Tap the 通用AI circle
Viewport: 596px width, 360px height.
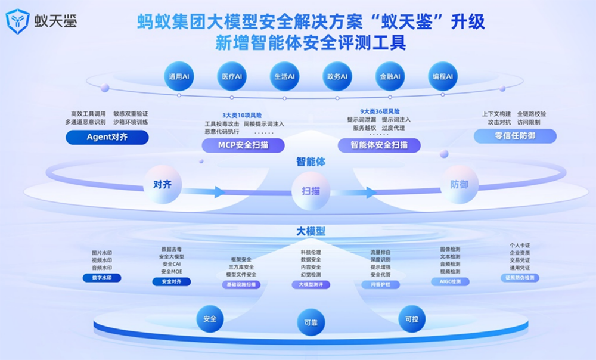(x=178, y=77)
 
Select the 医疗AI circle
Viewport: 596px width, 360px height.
(x=231, y=77)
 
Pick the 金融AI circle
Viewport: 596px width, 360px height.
(x=390, y=77)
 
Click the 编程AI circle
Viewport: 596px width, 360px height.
(x=442, y=77)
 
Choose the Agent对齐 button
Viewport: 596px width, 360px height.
(x=107, y=137)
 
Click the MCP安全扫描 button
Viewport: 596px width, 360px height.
(x=243, y=145)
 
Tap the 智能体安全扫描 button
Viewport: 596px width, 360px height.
(x=379, y=145)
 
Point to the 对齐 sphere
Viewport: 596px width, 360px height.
(x=162, y=185)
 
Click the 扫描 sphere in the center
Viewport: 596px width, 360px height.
(x=311, y=191)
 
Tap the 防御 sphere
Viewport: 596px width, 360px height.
(x=459, y=185)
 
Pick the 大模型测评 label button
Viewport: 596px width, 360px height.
(x=311, y=285)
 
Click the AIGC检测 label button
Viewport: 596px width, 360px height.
(x=450, y=281)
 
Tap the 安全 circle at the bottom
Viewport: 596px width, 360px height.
(x=210, y=319)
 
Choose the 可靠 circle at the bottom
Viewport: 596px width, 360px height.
(x=311, y=322)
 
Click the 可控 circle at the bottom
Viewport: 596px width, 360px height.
(x=412, y=319)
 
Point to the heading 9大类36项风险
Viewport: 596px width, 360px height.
(x=380, y=111)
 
